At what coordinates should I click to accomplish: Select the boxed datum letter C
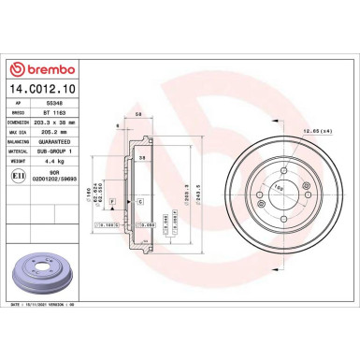(139, 201)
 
